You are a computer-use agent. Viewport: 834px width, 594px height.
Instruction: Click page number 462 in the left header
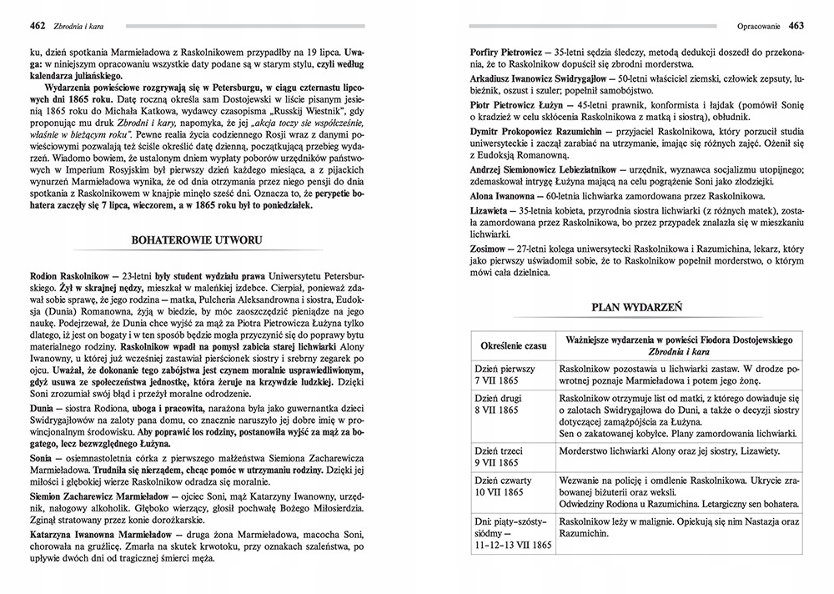pos(36,25)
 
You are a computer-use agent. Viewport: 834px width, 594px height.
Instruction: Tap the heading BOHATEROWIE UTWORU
pos(198,240)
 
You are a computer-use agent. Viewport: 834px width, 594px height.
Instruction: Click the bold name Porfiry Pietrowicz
pos(509,52)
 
